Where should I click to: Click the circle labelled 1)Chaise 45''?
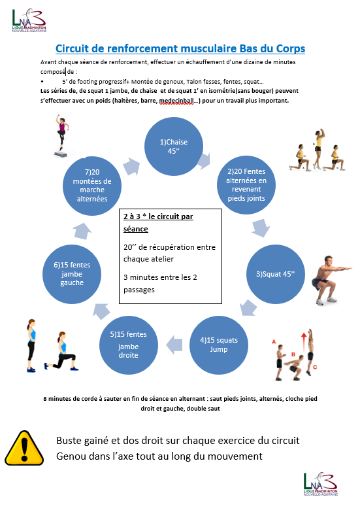point(174,146)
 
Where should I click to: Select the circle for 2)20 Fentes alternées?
point(246,185)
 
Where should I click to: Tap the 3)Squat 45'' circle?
point(276,274)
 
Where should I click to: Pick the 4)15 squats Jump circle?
point(219,345)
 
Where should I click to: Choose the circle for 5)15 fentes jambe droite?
point(129,345)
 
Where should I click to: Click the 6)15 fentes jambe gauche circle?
point(72,274)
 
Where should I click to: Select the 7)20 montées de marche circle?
point(92,186)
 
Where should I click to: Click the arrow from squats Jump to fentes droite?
point(174,345)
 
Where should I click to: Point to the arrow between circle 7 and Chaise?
point(131,167)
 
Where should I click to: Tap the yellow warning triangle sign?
point(24,448)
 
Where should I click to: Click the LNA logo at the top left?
point(29,20)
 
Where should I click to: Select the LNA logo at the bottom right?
point(321,484)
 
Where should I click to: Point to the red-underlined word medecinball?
point(176,101)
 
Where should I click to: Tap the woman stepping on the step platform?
point(62,135)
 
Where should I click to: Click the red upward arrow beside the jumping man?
point(304,341)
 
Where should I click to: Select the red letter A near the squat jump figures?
point(274,342)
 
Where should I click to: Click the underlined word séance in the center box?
point(136,229)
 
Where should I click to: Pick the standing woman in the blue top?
point(31,345)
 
